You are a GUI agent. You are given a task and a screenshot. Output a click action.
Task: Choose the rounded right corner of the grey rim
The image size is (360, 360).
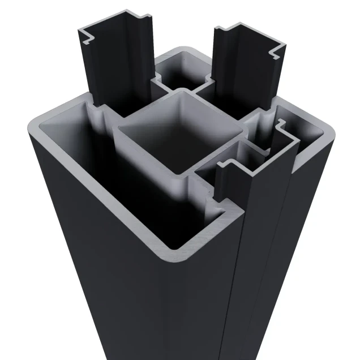point(328,136)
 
